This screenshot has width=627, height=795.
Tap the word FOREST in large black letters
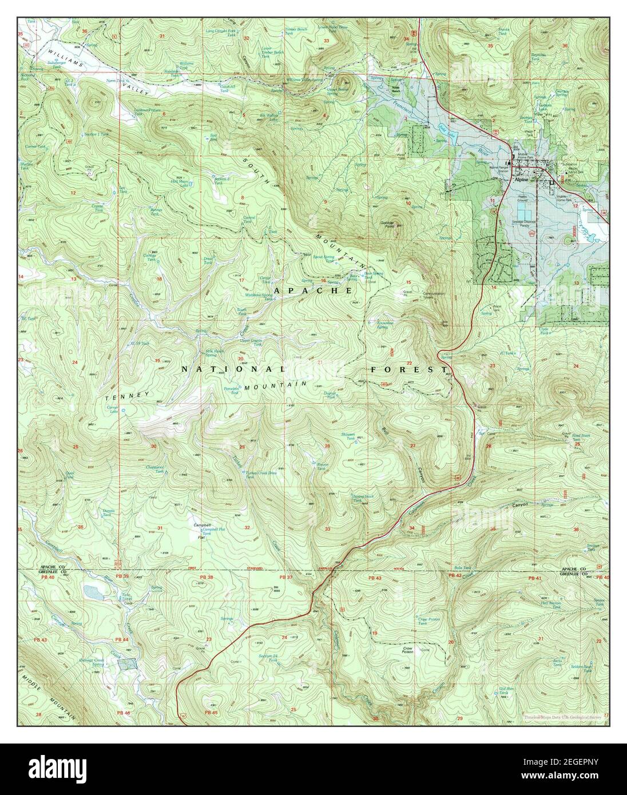408,369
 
